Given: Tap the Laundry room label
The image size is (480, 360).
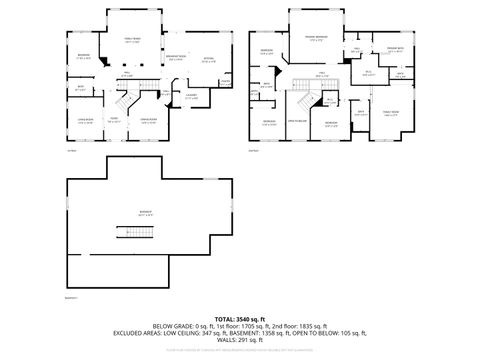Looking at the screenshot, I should point(192,96).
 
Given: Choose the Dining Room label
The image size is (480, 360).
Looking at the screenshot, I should point(148,120).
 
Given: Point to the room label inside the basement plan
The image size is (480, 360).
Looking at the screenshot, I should point(146,212).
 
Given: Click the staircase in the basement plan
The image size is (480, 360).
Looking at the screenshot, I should point(137,233).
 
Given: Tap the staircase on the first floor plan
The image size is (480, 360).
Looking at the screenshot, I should point(124,99).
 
